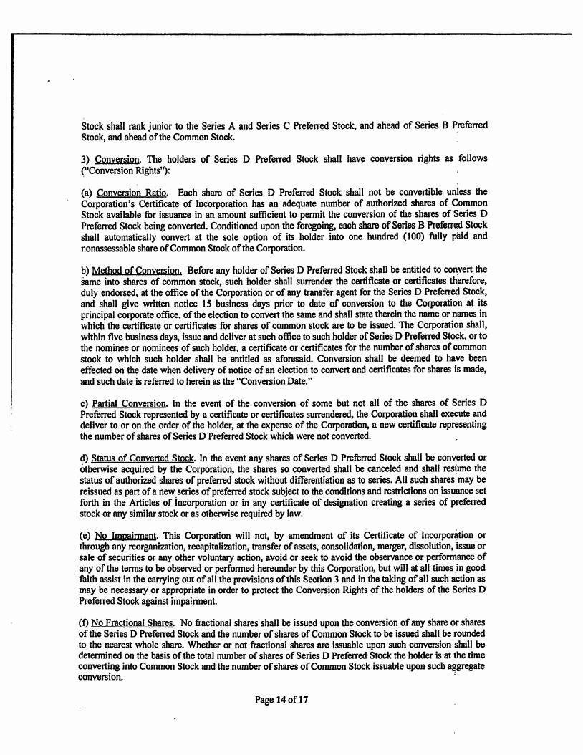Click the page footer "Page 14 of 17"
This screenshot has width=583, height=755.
[x=281, y=700]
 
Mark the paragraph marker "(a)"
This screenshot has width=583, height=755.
[x=87, y=192]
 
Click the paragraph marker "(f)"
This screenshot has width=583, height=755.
[x=86, y=612]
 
